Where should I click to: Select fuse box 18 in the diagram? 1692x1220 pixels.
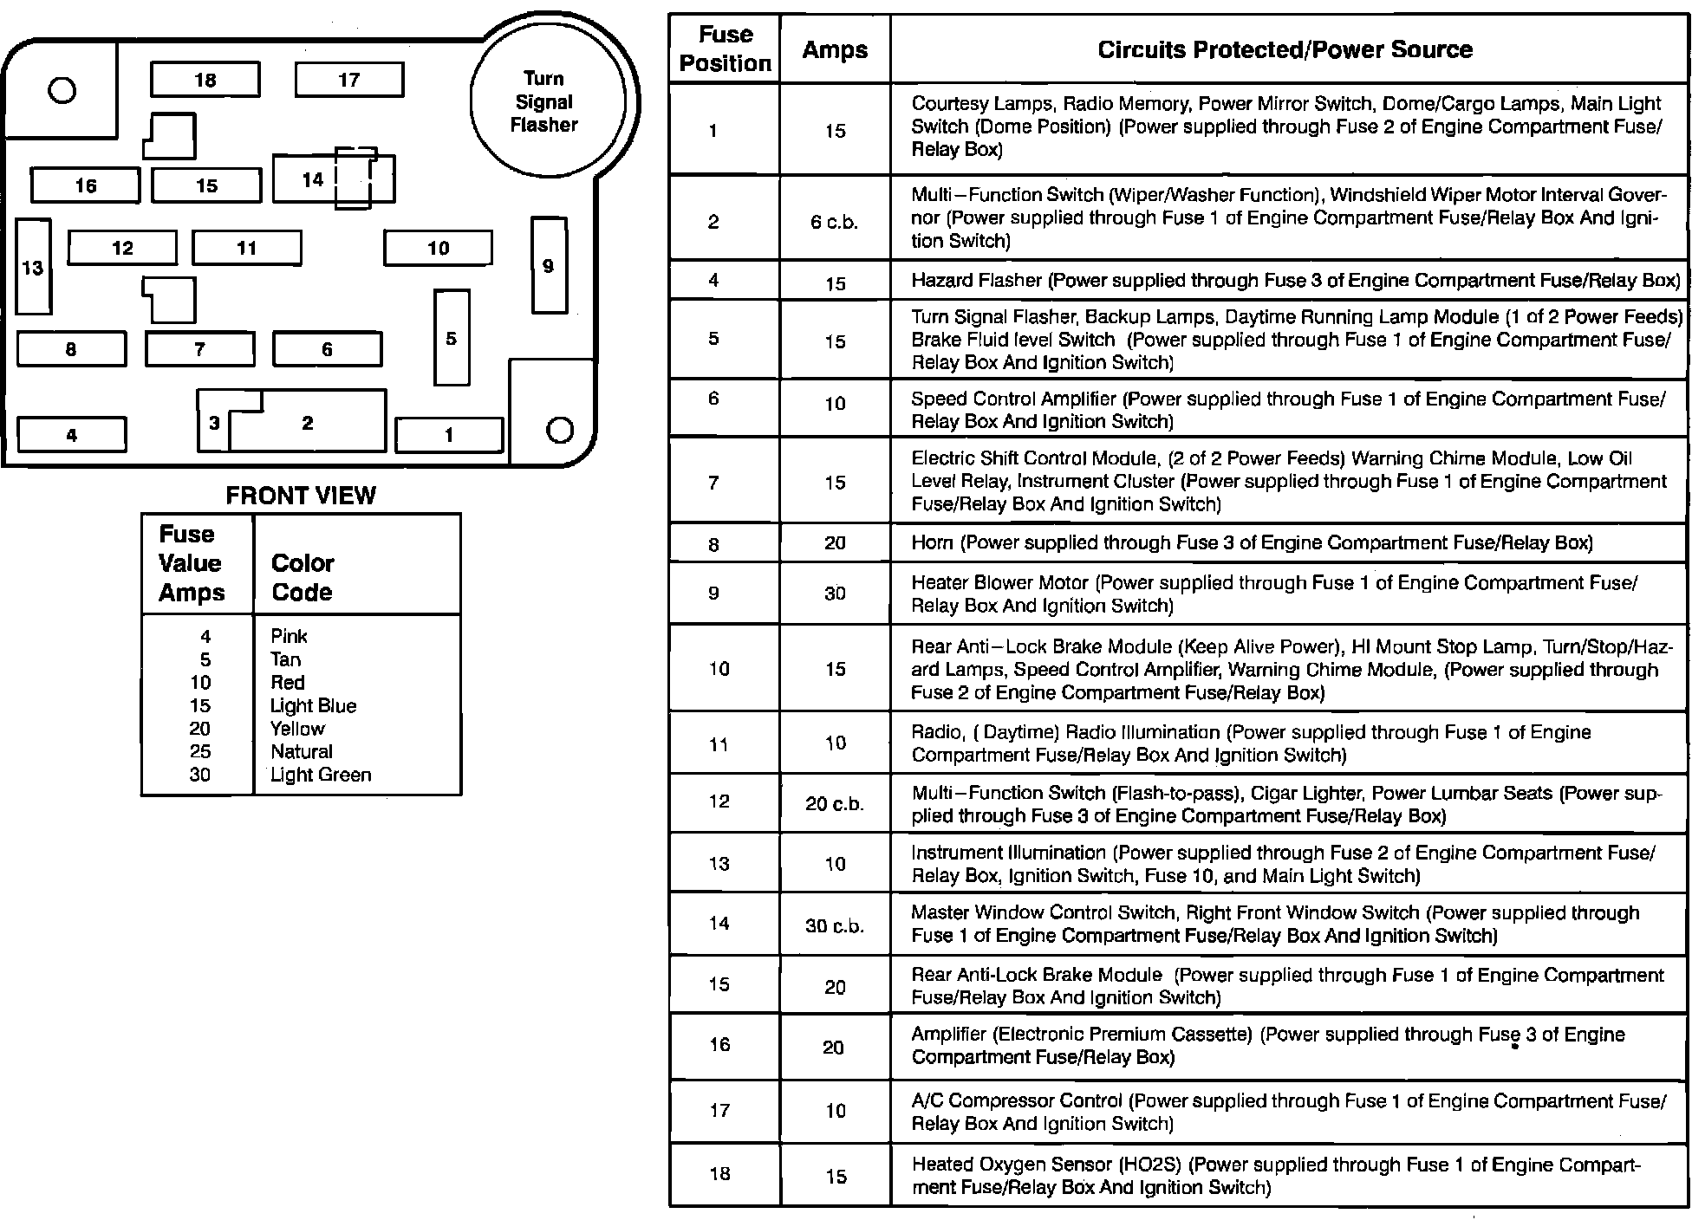point(205,80)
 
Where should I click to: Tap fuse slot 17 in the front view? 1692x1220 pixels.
point(348,80)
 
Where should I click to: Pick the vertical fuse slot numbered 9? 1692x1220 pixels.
point(548,265)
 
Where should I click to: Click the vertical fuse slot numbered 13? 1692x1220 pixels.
point(33,267)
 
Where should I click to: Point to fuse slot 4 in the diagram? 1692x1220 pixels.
point(71,435)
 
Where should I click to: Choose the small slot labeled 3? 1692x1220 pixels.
point(213,423)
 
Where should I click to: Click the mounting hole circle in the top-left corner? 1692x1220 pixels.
point(62,90)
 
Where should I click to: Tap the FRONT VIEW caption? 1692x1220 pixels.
point(301,495)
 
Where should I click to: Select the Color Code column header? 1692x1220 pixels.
point(302,577)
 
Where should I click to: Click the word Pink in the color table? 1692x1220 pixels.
point(289,636)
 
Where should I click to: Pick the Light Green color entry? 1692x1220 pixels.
point(320,775)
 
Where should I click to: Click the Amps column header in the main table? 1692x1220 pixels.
point(835,50)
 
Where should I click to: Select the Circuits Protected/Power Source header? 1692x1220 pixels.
point(1285,49)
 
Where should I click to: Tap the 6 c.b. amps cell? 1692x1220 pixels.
point(834,222)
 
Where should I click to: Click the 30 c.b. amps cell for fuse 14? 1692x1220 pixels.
point(835,925)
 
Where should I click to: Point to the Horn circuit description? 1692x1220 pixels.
point(1251,543)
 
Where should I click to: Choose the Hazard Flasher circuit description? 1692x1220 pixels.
point(1295,281)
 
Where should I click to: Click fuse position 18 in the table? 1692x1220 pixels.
point(719,1174)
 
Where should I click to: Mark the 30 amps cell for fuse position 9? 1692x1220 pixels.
point(835,594)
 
